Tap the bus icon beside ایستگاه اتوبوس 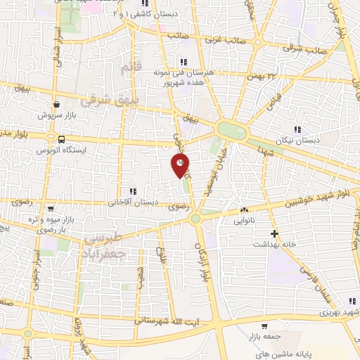click(x=62, y=139)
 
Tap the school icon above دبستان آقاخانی click(x=132, y=191)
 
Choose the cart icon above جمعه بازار click(x=264, y=326)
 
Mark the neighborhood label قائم click(x=127, y=69)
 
